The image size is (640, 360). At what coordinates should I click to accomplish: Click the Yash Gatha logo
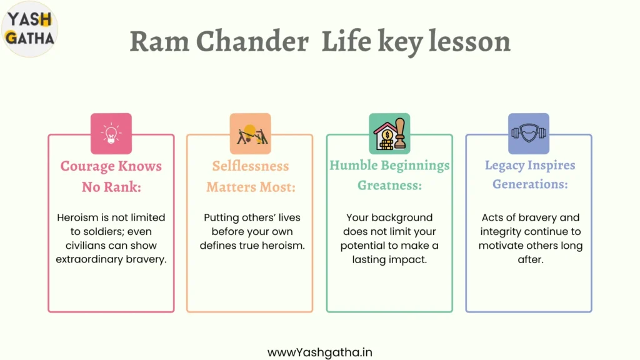click(x=29, y=29)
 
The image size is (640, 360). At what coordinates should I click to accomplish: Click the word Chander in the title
click(x=252, y=41)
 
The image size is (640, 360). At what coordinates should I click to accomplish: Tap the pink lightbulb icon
click(x=111, y=134)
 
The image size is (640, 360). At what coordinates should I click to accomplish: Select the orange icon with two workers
click(x=250, y=134)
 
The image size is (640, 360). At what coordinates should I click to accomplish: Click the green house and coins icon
click(x=389, y=134)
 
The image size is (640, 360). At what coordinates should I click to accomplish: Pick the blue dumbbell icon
click(x=529, y=134)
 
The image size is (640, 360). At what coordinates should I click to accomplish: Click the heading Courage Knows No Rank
click(x=111, y=176)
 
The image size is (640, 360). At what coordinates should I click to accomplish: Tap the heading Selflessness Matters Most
click(x=251, y=176)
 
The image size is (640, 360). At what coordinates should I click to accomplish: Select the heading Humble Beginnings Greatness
click(x=389, y=175)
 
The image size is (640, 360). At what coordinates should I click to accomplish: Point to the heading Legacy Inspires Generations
click(x=530, y=174)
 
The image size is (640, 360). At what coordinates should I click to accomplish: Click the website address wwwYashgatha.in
click(x=319, y=352)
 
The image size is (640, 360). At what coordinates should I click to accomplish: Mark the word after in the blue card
click(x=531, y=259)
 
